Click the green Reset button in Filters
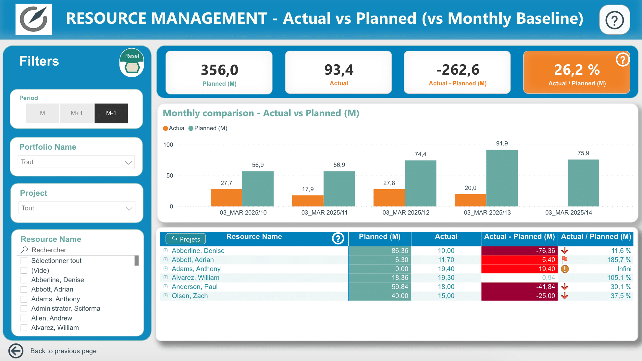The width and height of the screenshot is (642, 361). tap(132, 63)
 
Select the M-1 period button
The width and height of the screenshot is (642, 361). tap(111, 113)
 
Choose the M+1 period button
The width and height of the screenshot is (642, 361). tap(77, 113)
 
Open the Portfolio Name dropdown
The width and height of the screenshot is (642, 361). tap(76, 162)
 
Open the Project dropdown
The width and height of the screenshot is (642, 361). tap(77, 208)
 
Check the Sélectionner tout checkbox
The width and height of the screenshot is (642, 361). tap(24, 261)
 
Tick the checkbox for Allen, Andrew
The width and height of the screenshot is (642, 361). tap(24, 318)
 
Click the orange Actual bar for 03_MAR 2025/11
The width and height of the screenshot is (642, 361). tap(308, 201)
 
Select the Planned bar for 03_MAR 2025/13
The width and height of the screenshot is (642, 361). tap(502, 178)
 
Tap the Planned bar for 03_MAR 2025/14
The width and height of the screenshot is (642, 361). tap(583, 183)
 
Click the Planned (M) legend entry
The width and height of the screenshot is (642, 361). tap(208, 128)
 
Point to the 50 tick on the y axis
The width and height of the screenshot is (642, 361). tap(170, 176)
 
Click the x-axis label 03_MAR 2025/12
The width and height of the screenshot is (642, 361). tap(406, 213)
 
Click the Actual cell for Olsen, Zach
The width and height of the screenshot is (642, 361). tap(446, 296)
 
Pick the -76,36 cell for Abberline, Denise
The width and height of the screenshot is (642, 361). tap(519, 251)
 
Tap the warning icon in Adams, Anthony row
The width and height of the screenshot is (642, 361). tap(565, 269)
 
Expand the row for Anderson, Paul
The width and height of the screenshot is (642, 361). tap(166, 287)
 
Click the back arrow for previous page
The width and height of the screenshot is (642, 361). tap(16, 351)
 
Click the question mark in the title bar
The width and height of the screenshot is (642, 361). tap(614, 20)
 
